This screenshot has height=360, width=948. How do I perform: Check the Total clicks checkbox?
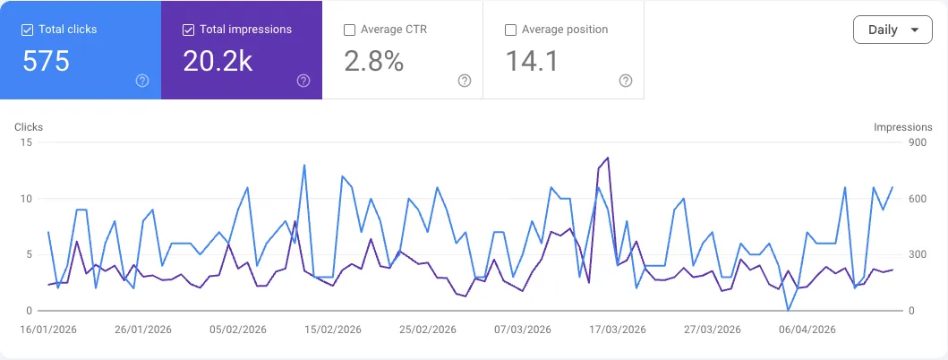[28, 30]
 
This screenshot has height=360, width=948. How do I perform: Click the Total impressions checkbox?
[188, 30]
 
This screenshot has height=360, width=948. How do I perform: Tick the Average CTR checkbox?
[349, 30]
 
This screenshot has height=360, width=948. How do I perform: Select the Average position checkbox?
[510, 30]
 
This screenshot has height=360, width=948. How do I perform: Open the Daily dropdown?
[892, 30]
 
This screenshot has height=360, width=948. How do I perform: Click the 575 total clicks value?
[46, 61]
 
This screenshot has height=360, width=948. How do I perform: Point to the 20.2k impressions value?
[217, 61]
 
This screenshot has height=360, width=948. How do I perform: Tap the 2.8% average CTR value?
[373, 61]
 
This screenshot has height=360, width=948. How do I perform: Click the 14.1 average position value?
[533, 61]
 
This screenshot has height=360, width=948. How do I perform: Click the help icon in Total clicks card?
[142, 81]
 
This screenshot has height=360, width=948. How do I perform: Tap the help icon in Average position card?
[626, 81]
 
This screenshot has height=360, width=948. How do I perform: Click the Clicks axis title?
[29, 127]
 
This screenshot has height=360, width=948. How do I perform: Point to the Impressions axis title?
[903, 127]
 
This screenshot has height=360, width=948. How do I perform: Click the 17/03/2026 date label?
[617, 330]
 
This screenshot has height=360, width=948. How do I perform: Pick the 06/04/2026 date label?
[807, 330]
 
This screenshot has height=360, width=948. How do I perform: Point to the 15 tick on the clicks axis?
[27, 142]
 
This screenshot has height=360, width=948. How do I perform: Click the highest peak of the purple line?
[608, 158]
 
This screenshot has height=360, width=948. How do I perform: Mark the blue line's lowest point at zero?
[788, 310]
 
